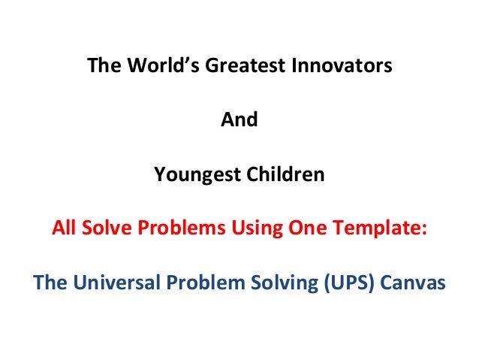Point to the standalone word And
click(239, 120)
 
